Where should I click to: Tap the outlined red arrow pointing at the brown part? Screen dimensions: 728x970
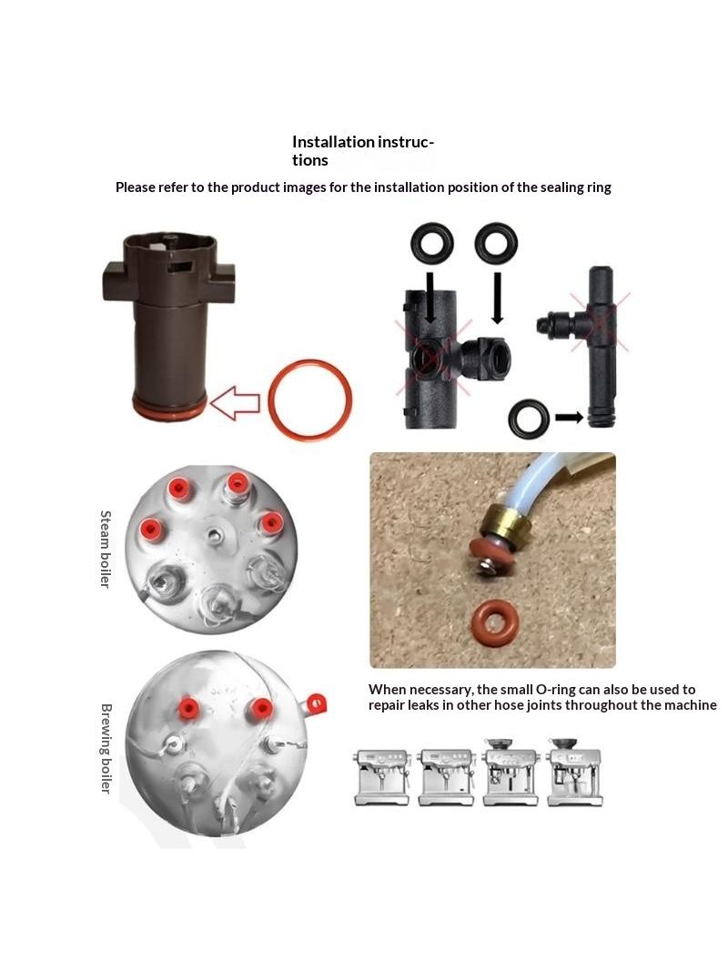pos(235,403)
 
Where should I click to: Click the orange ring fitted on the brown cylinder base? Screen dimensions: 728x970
pos(167,409)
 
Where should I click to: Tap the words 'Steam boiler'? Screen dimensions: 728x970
pos(106,550)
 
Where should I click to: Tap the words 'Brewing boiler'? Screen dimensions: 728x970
pos(106,748)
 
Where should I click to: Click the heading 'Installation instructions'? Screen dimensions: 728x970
pos(362,151)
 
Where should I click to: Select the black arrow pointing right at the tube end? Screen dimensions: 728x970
pos(569,418)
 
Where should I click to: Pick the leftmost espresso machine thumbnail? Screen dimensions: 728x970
pos(381,777)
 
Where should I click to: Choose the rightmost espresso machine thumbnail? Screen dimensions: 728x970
pos(574,772)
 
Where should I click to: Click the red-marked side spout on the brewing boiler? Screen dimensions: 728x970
pos(316,704)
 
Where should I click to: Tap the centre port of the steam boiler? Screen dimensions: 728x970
pos(214,534)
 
